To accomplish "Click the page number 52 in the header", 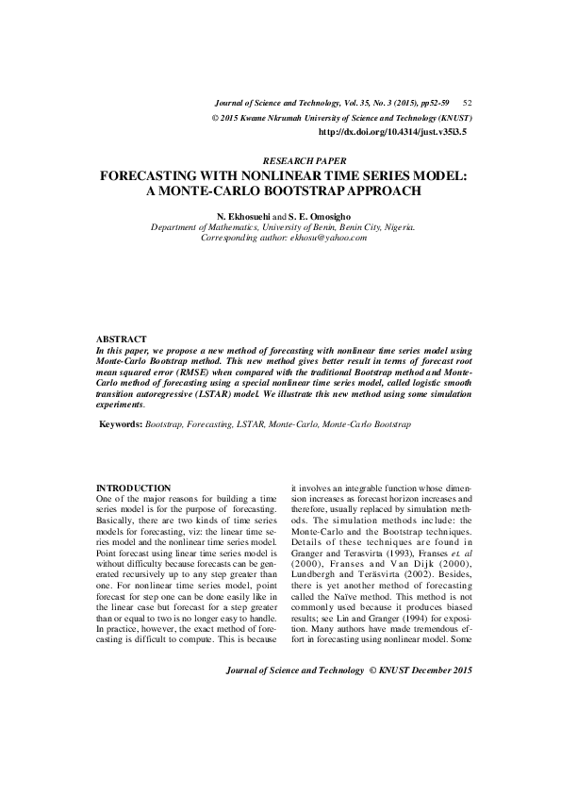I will pos(468,103).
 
